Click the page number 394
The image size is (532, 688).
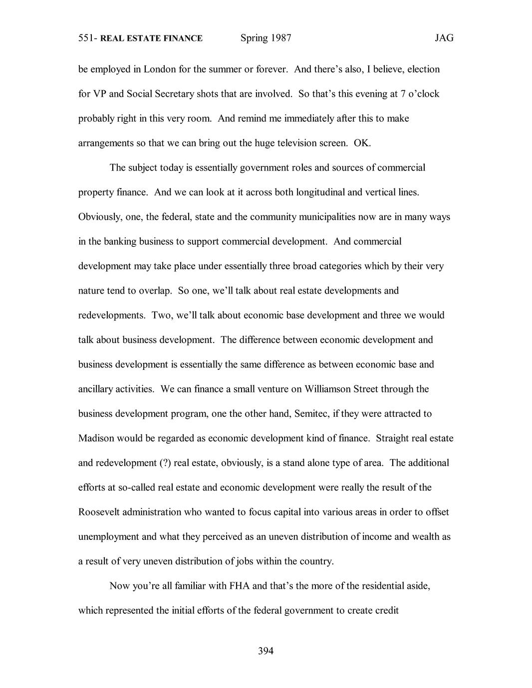266,651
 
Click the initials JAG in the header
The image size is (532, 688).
444,38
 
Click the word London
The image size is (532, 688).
160,69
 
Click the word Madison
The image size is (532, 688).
96,438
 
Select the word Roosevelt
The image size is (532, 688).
99,512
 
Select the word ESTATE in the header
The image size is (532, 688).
141,38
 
